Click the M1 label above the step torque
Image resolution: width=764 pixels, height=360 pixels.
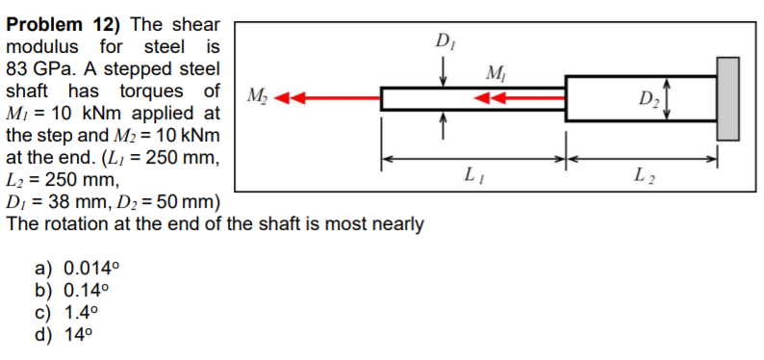pyautogui.click(x=496, y=73)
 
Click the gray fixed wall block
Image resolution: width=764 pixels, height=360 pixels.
pyautogui.click(x=727, y=97)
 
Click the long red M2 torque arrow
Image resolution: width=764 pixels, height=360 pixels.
pyautogui.click(x=327, y=98)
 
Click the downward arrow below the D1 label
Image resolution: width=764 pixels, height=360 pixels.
pyautogui.click(x=444, y=70)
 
